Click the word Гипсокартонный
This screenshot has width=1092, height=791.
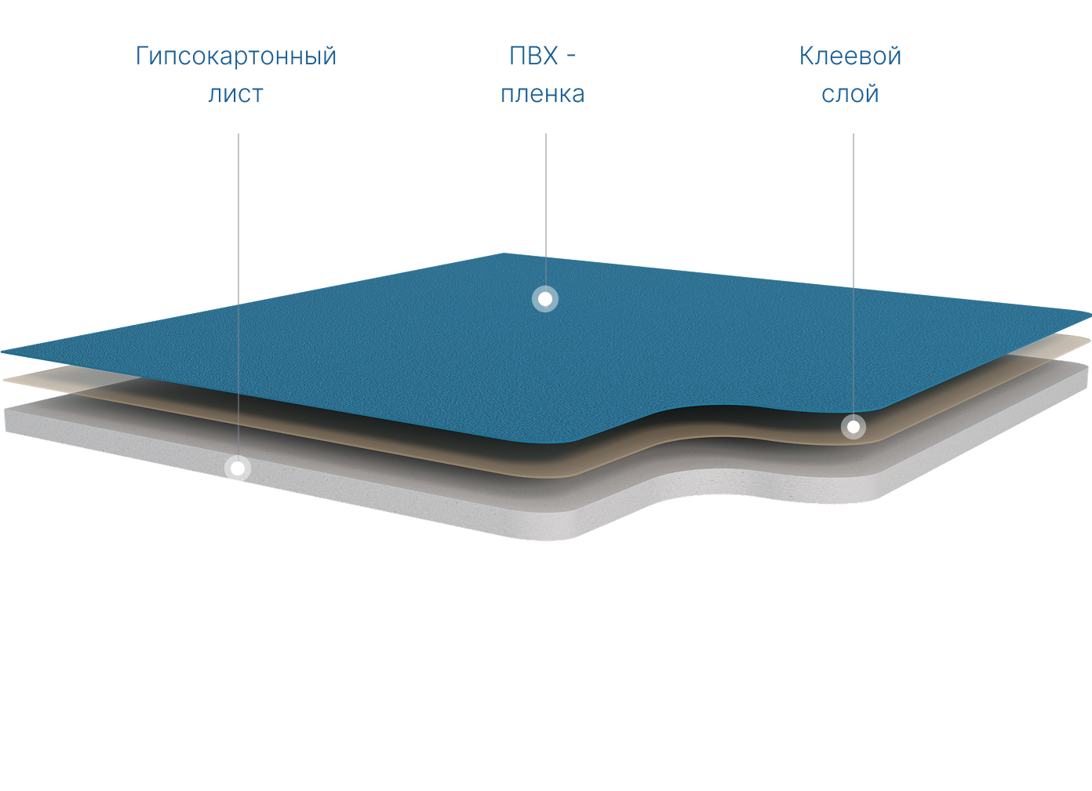point(236,56)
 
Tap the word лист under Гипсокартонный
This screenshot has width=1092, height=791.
point(235,94)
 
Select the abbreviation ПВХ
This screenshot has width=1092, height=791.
point(533,56)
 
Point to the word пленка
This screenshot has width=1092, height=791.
point(543,94)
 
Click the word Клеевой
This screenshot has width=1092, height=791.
point(850,56)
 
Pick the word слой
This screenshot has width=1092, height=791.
point(850,94)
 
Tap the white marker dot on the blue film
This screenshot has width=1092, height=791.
point(545,299)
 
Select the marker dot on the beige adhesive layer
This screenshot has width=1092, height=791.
point(853,427)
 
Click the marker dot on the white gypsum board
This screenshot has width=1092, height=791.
point(238,468)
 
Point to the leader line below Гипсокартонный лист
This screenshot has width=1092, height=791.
point(238,235)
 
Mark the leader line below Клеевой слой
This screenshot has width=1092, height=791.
point(854,235)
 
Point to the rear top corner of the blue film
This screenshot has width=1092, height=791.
point(504,255)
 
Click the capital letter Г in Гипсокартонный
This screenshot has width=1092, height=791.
point(142,56)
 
